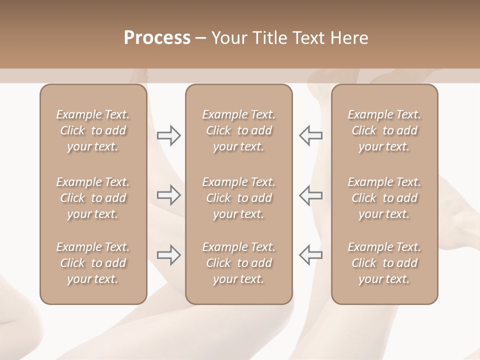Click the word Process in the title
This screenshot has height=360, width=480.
point(157,38)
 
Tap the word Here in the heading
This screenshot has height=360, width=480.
point(349,38)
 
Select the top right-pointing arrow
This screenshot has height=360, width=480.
point(168,135)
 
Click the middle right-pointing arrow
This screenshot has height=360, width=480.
point(168,195)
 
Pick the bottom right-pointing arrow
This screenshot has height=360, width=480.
point(168,255)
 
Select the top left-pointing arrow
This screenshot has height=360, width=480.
point(310,135)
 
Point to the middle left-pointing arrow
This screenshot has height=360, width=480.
point(310,195)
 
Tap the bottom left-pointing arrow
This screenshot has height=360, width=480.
point(310,255)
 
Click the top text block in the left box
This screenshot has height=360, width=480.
point(93,130)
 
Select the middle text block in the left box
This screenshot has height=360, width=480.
point(93,198)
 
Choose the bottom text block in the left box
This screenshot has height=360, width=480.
point(93,263)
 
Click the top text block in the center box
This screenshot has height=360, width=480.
point(239,130)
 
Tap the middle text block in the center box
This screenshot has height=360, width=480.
point(239,198)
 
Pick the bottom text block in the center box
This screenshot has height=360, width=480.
point(239,263)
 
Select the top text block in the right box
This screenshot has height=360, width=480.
point(384,130)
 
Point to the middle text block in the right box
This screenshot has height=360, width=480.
point(384,198)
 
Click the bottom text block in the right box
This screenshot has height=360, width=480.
point(384,263)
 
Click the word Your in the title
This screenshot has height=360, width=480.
point(229,38)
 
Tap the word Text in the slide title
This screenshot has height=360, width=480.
point(309,38)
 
